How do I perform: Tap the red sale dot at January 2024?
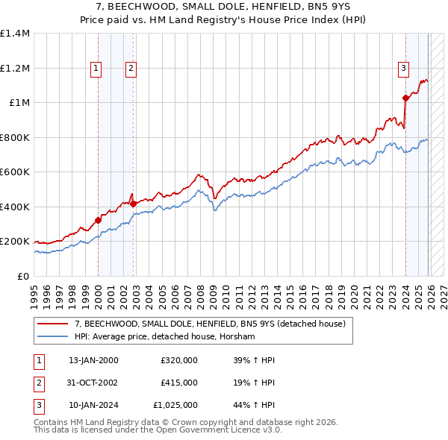(405, 98)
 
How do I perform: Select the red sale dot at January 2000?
(98, 220)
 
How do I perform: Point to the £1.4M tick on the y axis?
(15, 34)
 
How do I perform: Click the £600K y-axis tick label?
(15, 172)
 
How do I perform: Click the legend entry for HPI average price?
(165, 337)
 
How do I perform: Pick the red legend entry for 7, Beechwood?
(210, 324)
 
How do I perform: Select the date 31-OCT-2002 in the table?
(93, 383)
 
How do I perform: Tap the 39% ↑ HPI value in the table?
(255, 360)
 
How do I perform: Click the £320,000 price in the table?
(179, 360)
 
